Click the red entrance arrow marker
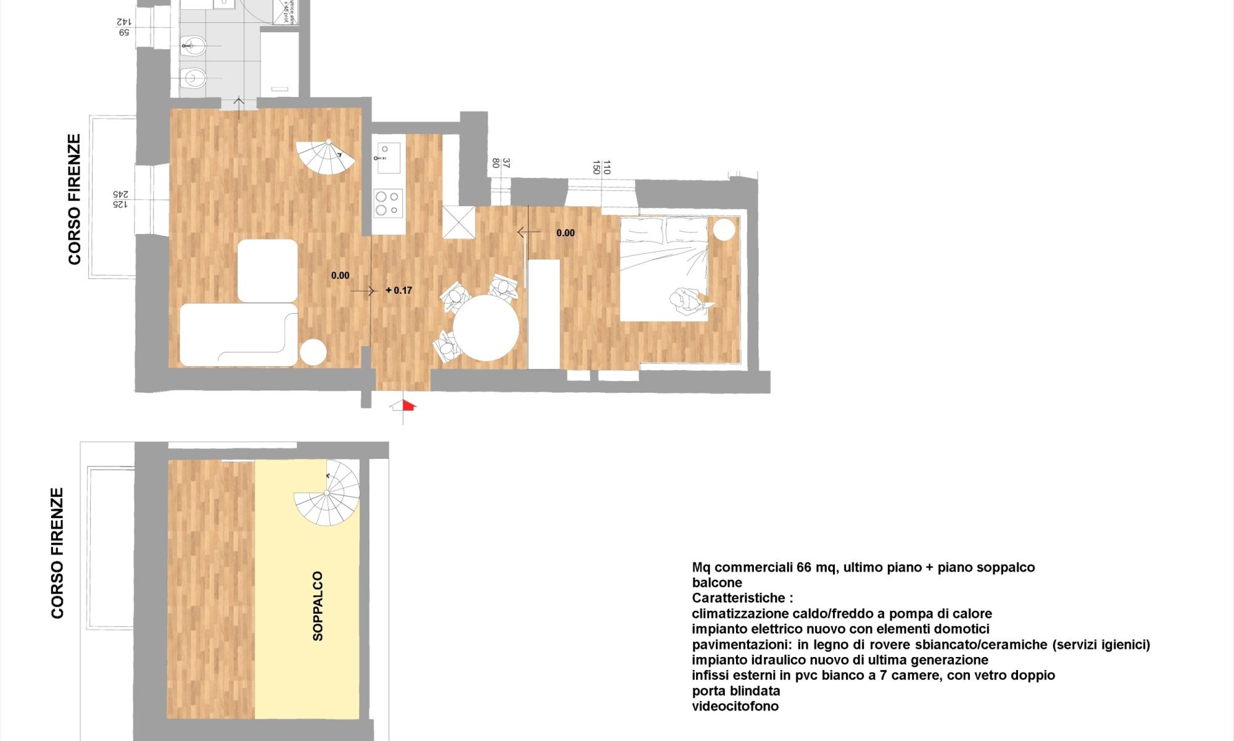click(x=408, y=405)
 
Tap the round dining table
click(x=486, y=328)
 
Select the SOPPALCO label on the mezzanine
click(x=318, y=606)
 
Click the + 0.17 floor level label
click(x=399, y=290)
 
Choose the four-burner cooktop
click(x=389, y=203)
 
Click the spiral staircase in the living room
click(x=326, y=158)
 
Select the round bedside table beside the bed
click(x=724, y=230)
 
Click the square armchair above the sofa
click(x=267, y=270)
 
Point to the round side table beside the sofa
click(x=313, y=353)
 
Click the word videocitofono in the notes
click(x=735, y=706)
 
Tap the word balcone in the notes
click(x=717, y=583)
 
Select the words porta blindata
click(x=736, y=691)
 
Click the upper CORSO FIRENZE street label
click(x=75, y=199)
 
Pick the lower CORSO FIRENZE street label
click(x=58, y=553)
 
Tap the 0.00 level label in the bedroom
click(x=565, y=233)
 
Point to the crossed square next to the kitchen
click(x=458, y=222)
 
